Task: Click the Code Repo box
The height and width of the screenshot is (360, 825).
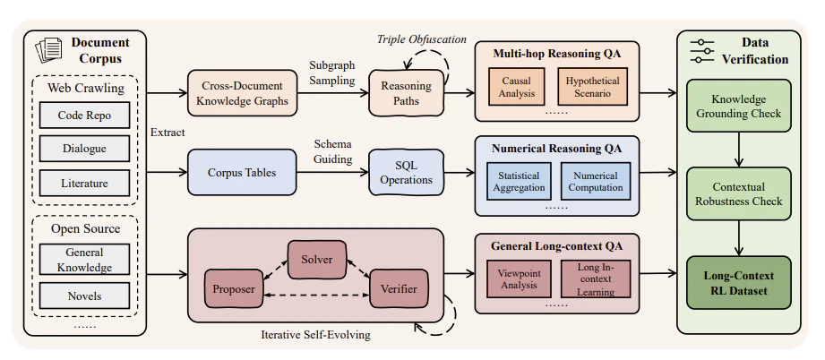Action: (84, 115)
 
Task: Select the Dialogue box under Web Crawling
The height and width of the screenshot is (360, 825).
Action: (84, 149)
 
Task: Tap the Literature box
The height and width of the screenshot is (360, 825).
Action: (84, 184)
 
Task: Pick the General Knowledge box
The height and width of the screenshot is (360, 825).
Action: (84, 260)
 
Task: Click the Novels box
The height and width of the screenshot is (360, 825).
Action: (84, 296)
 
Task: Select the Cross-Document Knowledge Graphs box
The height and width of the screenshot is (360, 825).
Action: (243, 93)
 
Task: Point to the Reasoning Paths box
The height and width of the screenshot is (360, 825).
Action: (406, 92)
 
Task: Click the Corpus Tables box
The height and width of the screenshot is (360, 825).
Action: (242, 172)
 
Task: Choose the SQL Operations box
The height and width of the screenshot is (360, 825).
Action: (406, 172)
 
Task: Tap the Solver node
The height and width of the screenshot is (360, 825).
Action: (317, 260)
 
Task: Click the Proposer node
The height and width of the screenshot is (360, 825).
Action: (234, 288)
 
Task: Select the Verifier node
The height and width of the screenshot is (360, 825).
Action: (399, 288)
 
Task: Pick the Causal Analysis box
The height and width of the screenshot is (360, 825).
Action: (516, 87)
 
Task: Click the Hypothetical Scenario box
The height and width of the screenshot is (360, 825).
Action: (592, 87)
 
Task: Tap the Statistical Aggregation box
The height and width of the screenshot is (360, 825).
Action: (518, 181)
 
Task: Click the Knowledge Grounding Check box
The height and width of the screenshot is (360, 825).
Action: (739, 106)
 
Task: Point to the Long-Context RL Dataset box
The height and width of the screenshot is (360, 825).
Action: (739, 283)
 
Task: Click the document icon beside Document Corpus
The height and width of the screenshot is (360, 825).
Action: (48, 50)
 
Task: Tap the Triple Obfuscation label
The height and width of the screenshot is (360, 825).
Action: (421, 39)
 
